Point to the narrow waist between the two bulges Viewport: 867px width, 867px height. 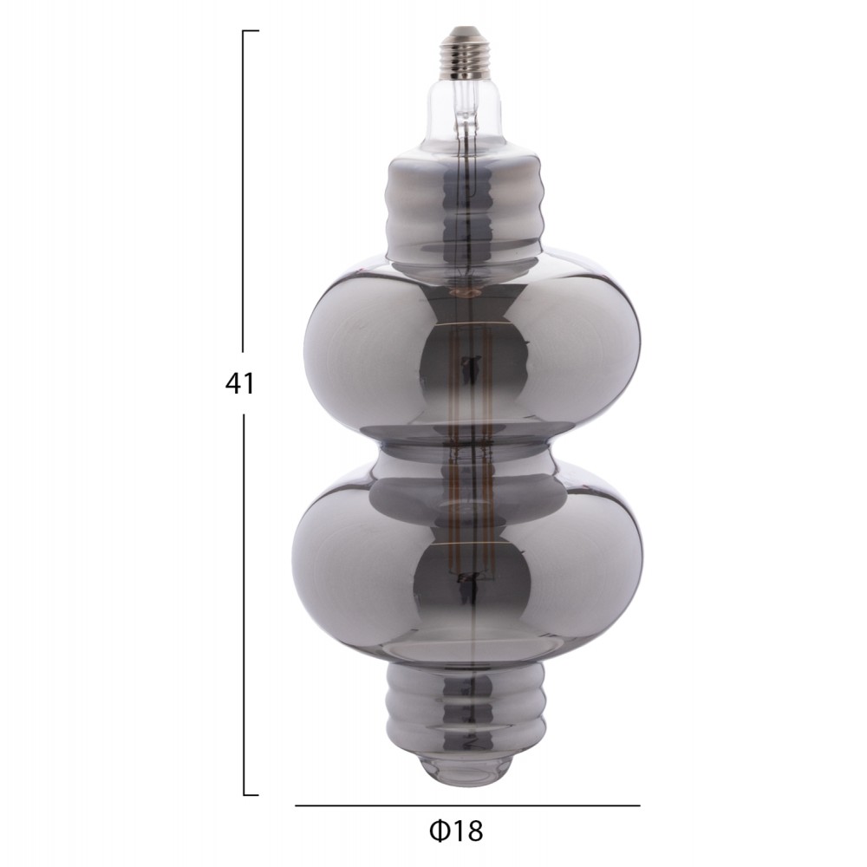pyautogui.click(x=469, y=442)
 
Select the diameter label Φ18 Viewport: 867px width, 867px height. pyautogui.click(x=455, y=831)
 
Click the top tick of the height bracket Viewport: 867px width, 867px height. pyautogui.click(x=251, y=31)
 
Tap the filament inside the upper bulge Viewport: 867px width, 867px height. pyautogui.click(x=472, y=364)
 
